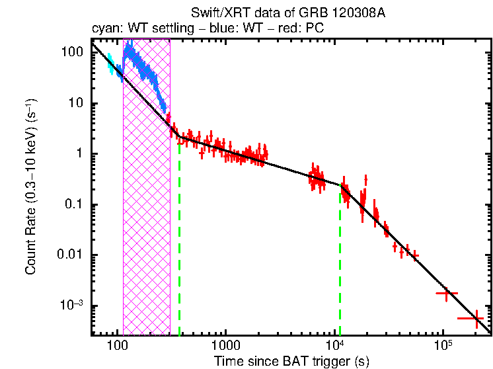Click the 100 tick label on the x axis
117,346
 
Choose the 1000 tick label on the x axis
225,346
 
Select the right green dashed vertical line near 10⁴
340,265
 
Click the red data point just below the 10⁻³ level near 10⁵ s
447,293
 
